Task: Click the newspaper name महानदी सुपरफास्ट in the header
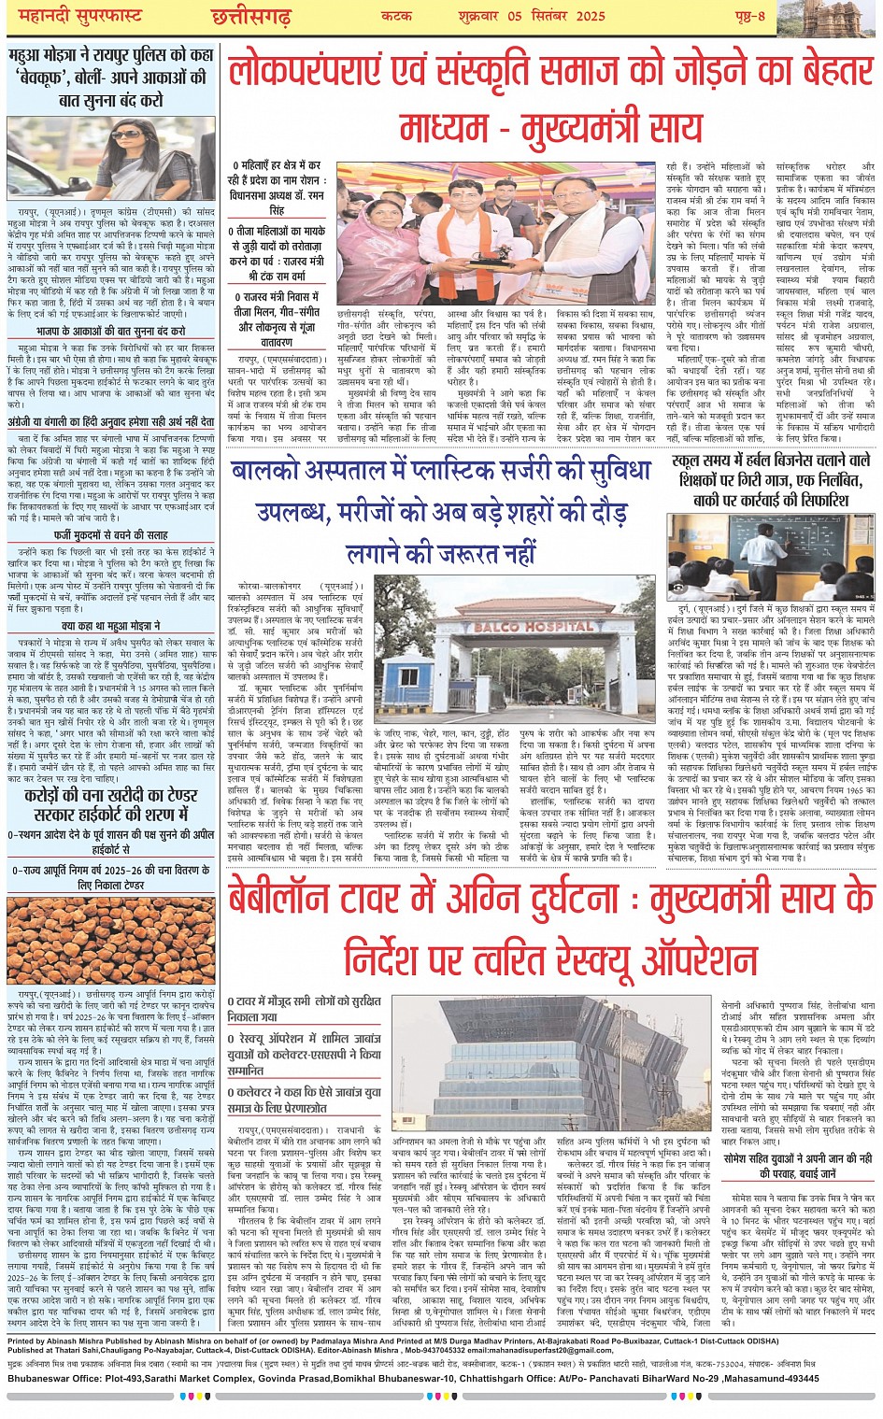point(71,15)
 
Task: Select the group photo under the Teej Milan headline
point(495,232)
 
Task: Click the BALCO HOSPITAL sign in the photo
point(542,626)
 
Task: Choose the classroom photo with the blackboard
point(772,558)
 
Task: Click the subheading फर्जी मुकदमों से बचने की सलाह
point(111,535)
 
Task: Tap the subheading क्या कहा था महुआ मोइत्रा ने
point(111,626)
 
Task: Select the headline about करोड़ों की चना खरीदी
point(111,804)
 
